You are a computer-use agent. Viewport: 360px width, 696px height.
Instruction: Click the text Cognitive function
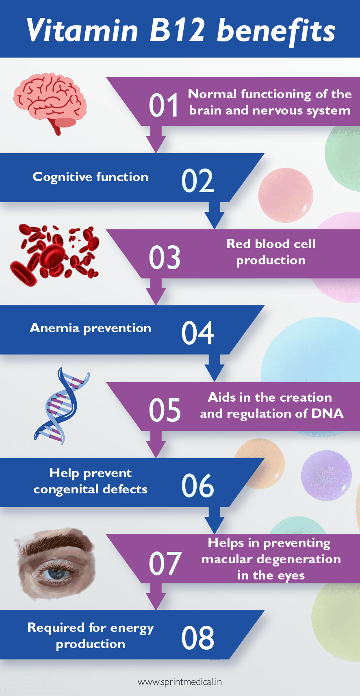click(x=90, y=177)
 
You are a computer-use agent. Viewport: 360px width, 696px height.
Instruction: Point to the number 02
click(x=197, y=181)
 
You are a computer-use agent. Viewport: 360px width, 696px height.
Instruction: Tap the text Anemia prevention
click(x=90, y=328)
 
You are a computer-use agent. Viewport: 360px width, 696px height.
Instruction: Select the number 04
click(x=197, y=333)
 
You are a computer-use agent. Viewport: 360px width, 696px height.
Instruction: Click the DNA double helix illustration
click(x=61, y=406)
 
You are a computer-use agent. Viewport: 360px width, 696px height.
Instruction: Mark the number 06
click(x=197, y=486)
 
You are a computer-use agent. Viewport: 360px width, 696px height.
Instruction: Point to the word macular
click(x=227, y=559)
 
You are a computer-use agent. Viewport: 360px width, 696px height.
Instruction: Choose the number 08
click(x=197, y=638)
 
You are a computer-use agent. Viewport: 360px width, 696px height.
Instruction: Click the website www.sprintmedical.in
click(x=180, y=682)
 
